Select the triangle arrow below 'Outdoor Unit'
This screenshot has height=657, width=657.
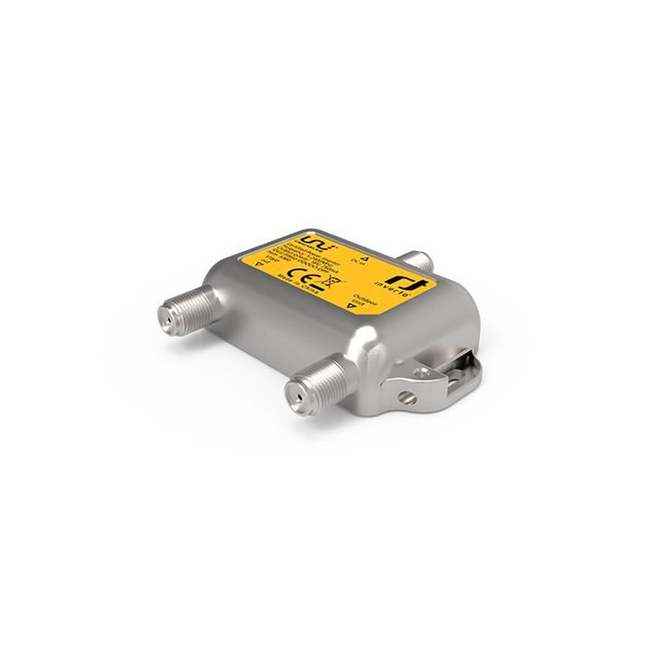point(349,309)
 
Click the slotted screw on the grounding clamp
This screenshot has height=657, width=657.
point(407,398)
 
